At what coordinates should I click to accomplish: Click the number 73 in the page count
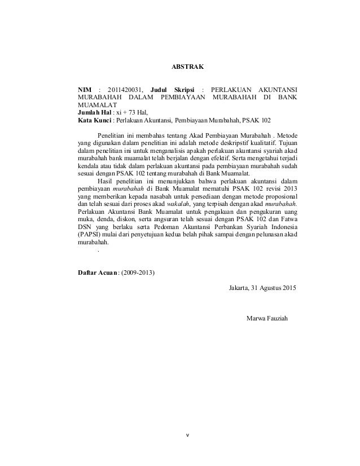coord(133,112)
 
